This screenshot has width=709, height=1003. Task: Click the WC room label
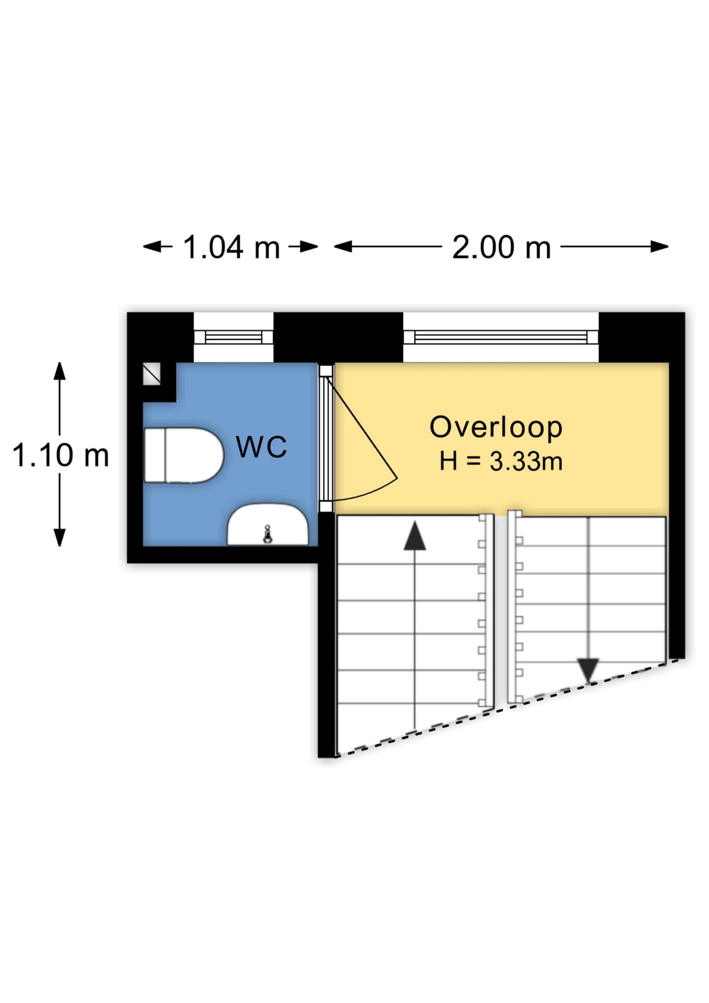pyautogui.click(x=261, y=447)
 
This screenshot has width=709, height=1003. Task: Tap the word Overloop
pyautogui.click(x=496, y=427)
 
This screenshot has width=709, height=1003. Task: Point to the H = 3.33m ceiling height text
pyautogui.click(x=501, y=462)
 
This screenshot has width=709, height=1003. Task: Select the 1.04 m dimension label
pyautogui.click(x=231, y=247)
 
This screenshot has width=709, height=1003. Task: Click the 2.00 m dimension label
pyautogui.click(x=501, y=247)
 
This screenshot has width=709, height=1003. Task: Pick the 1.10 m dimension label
pyautogui.click(x=60, y=455)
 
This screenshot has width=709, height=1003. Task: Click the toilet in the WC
pyautogui.click(x=184, y=455)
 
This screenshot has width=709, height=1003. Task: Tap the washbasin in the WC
pyautogui.click(x=267, y=525)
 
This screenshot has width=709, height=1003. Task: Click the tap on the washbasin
pyautogui.click(x=267, y=535)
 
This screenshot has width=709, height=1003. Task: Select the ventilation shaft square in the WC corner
pyautogui.click(x=152, y=374)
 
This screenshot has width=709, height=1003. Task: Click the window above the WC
pyautogui.click(x=233, y=337)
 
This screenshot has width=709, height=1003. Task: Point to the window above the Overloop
pyautogui.click(x=501, y=337)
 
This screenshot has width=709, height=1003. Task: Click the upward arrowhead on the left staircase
pyautogui.click(x=415, y=536)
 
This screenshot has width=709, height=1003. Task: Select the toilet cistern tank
pyautogui.click(x=155, y=455)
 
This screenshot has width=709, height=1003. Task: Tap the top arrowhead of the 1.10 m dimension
pyautogui.click(x=60, y=371)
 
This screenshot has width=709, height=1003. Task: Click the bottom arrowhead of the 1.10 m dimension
pyautogui.click(x=60, y=537)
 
